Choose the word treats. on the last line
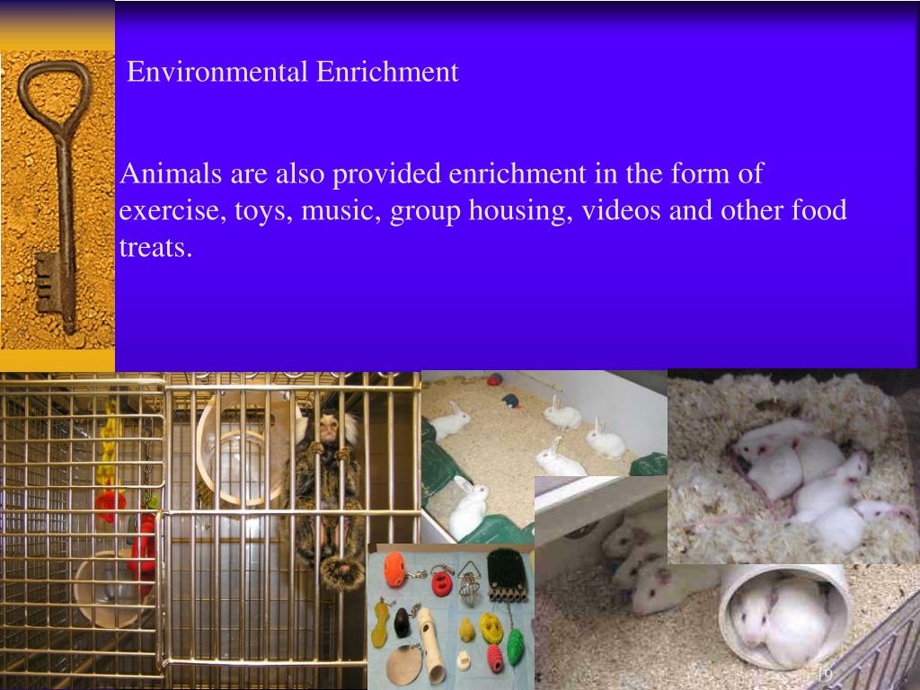tap(155, 248)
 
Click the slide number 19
tap(824, 674)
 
